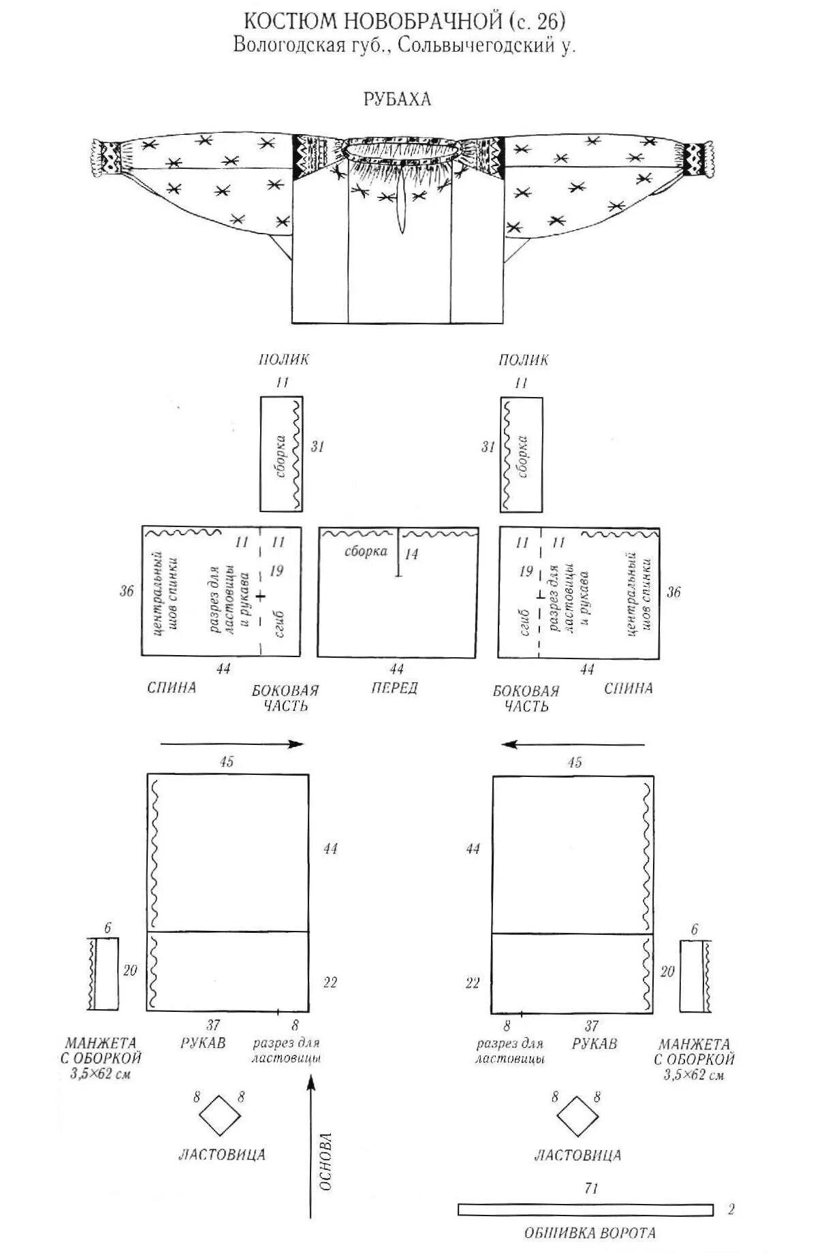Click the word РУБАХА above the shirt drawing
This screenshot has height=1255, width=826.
click(397, 99)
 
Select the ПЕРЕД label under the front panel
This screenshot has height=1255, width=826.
click(395, 688)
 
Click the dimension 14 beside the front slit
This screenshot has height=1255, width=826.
click(411, 554)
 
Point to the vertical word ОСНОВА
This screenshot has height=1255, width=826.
click(325, 1161)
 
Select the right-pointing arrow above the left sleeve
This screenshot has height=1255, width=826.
click(231, 744)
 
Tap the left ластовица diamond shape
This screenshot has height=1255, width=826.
click(219, 1115)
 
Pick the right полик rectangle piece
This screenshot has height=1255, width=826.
click(522, 454)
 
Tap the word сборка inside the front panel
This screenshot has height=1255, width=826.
click(366, 552)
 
